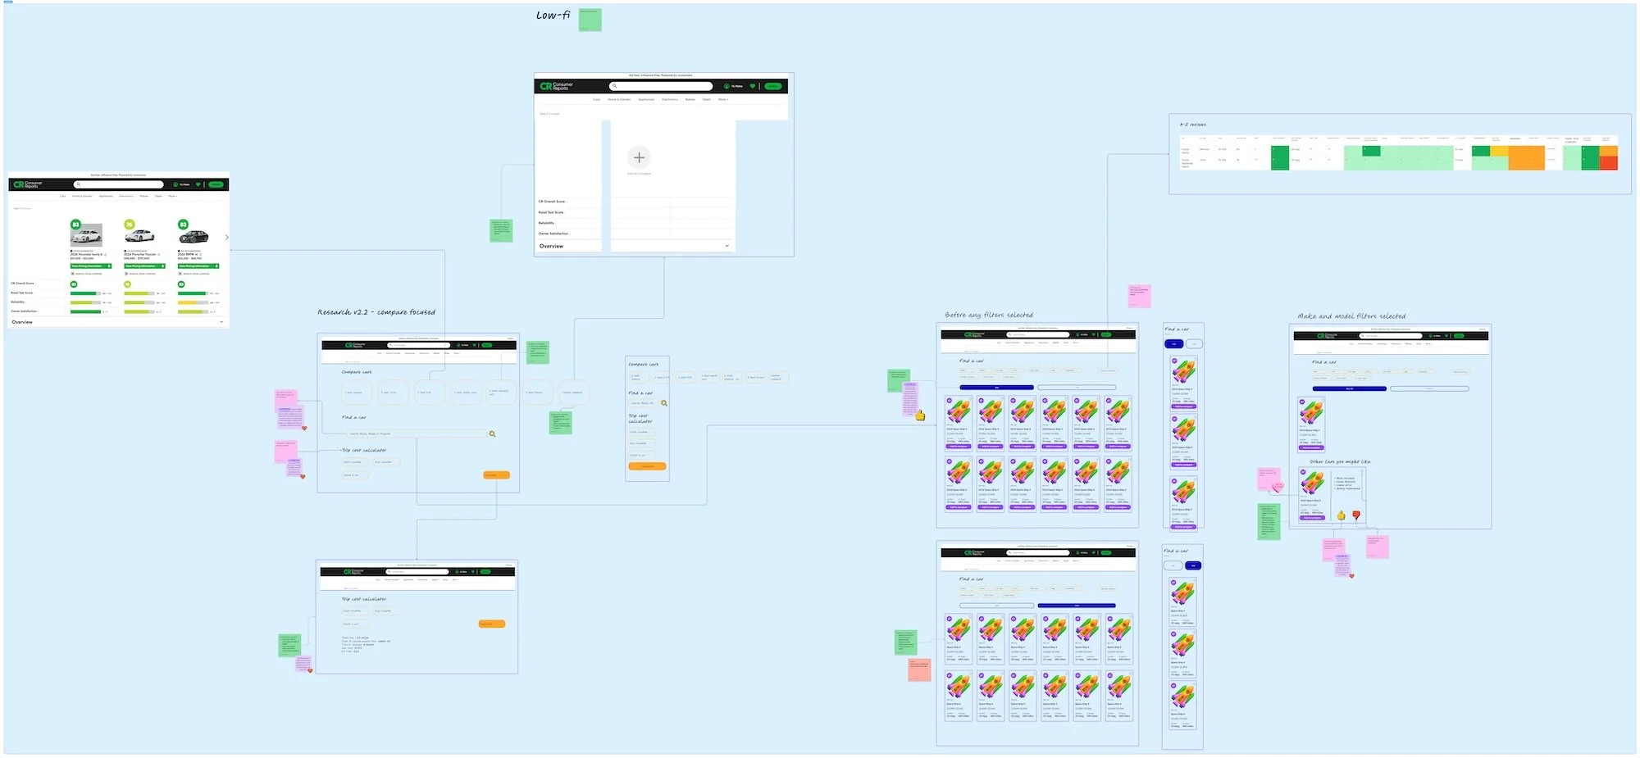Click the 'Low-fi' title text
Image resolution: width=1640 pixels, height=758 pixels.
click(553, 16)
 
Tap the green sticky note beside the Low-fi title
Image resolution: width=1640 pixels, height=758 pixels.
click(590, 20)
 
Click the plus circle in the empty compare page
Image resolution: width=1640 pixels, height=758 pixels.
click(639, 157)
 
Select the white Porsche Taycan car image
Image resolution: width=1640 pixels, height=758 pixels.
click(139, 236)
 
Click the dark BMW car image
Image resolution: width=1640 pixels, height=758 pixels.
click(194, 236)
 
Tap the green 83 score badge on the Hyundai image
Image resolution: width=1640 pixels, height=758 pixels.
click(75, 225)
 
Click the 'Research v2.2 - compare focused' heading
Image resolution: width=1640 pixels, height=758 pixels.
click(376, 312)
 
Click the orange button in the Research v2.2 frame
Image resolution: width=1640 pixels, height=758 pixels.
click(496, 475)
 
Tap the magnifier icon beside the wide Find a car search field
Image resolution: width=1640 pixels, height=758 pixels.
click(492, 433)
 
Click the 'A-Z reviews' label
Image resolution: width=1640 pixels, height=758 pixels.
click(1192, 125)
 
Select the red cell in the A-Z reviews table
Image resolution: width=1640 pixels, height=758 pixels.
click(1609, 162)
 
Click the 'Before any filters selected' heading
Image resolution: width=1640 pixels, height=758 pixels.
click(988, 315)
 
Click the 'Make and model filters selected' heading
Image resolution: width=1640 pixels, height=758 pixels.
click(1351, 316)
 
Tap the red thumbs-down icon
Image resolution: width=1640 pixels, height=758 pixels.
click(1356, 515)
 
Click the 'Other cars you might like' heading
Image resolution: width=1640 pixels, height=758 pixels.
click(1340, 461)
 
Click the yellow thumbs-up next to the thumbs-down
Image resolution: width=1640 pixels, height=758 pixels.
click(1342, 515)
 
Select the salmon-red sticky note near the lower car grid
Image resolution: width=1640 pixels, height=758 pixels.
click(918, 669)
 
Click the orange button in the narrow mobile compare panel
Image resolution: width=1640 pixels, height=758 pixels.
click(647, 466)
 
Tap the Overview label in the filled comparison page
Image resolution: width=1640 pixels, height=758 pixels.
click(22, 322)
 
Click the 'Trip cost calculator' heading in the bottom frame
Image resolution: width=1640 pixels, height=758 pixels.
click(363, 599)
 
